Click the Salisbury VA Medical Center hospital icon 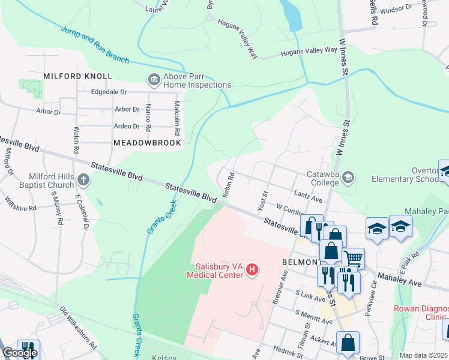tap(253, 271)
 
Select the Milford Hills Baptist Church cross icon tap(84, 179)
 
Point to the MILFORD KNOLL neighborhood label tap(77, 76)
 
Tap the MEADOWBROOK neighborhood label tap(147, 143)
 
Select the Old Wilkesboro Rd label tap(78, 328)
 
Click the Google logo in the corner tap(20, 353)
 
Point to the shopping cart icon tap(354, 259)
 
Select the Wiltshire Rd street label tap(20, 203)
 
